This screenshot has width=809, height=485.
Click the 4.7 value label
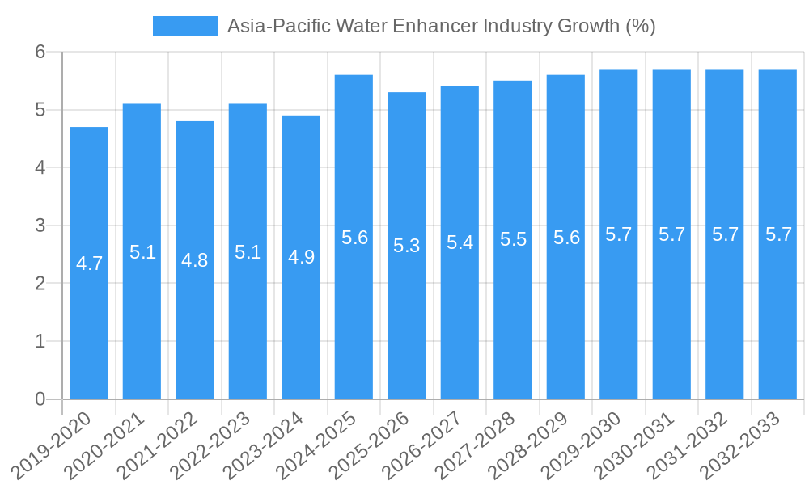(89, 264)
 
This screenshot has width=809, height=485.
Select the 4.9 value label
(301, 257)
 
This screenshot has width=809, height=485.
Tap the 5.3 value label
(407, 246)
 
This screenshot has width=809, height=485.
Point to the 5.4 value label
(460, 242)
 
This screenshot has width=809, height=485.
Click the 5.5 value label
(513, 240)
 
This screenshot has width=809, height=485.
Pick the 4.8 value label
(195, 260)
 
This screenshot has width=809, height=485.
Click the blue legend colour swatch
(185, 26)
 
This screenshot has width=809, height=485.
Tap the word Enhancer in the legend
(434, 26)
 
